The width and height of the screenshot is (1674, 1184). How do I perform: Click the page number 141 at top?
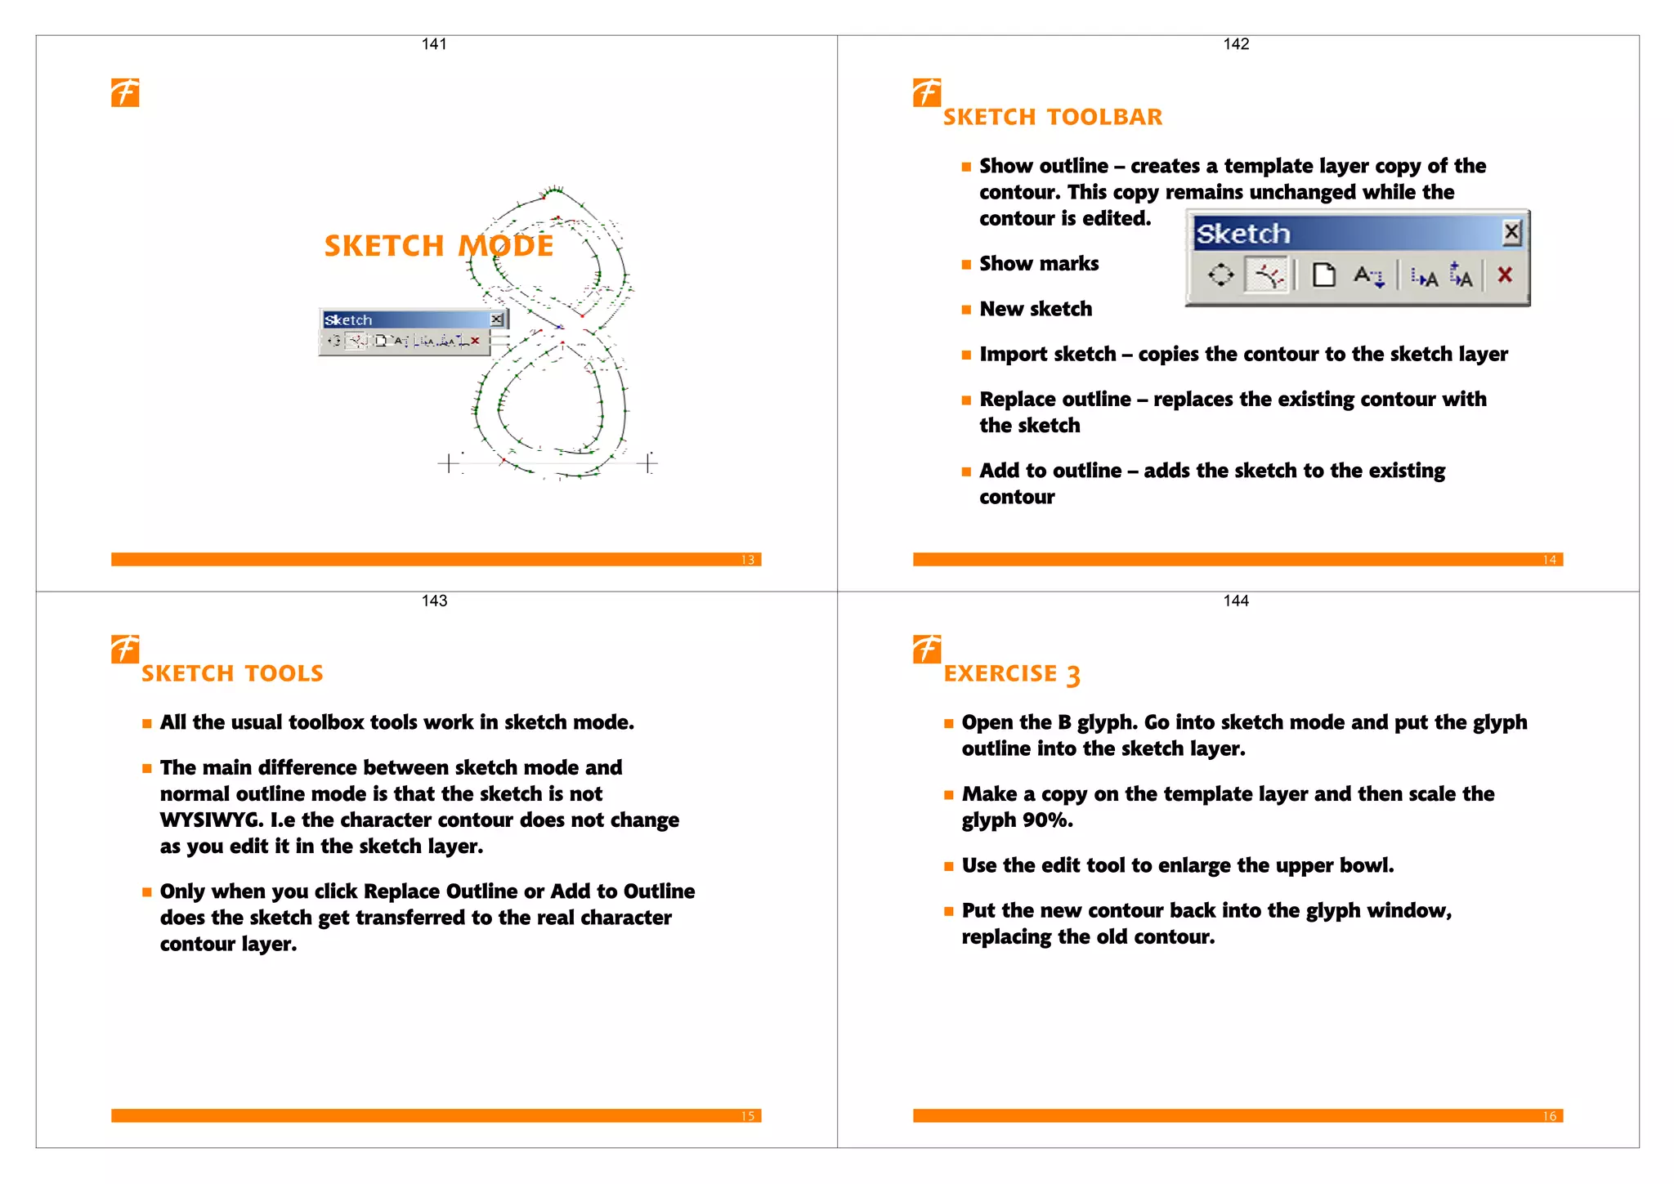tap(434, 44)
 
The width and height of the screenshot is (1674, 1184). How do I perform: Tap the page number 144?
tap(1235, 601)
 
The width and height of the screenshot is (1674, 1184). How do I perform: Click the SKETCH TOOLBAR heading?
tap(1052, 118)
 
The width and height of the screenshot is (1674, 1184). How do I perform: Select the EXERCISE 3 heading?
tap(1011, 674)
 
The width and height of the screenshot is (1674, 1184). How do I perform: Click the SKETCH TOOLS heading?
tap(232, 674)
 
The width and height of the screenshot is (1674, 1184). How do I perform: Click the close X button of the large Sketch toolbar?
tap(1511, 233)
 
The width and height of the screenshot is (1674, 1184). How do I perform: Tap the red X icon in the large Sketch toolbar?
tap(1504, 275)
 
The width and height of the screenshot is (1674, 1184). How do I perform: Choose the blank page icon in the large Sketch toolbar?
tap(1323, 275)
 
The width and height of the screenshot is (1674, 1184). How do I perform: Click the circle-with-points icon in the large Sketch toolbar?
tap(1220, 275)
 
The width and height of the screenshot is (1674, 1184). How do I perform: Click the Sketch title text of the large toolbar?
tap(1243, 235)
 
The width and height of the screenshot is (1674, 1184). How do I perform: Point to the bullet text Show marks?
tap(1039, 264)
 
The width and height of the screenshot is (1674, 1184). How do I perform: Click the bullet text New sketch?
tap(1036, 309)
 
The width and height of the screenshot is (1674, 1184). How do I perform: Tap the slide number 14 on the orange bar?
tap(1549, 560)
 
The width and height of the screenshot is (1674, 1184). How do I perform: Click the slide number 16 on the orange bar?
tap(1549, 1116)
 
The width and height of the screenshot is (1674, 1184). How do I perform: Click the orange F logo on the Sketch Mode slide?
tap(125, 92)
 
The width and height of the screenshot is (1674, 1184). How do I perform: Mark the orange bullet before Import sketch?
tap(966, 355)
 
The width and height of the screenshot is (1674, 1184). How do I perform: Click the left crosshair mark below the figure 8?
tap(448, 464)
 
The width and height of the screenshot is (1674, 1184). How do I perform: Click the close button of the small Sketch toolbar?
tap(496, 319)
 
